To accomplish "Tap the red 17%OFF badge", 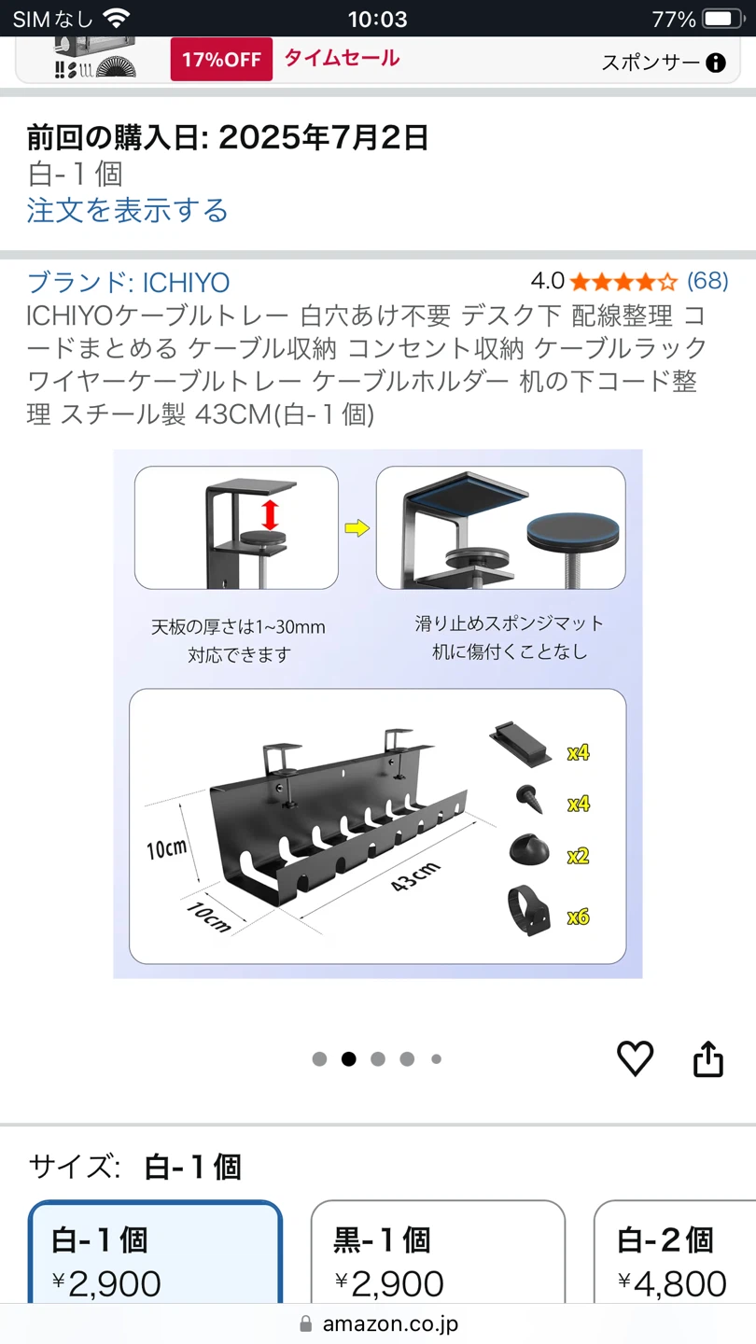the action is click(221, 60).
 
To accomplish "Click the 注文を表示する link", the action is click(127, 211).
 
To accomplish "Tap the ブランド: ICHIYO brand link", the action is click(129, 283).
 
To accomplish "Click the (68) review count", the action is click(707, 281).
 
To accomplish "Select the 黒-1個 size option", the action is click(438, 1252).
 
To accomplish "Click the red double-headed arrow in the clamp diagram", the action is click(270, 515).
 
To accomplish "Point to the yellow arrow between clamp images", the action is click(357, 528).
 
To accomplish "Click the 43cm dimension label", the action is click(415, 876).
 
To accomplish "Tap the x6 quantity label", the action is click(579, 917).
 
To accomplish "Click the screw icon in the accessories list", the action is click(530, 799).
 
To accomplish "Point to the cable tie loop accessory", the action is click(528, 910).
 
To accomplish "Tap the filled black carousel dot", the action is click(349, 1059).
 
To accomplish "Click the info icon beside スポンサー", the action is click(715, 63).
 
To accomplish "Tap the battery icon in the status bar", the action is click(723, 20).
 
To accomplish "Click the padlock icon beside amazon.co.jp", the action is click(306, 1323).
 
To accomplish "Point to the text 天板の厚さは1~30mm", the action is click(238, 627).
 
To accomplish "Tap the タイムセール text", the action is click(342, 58).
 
